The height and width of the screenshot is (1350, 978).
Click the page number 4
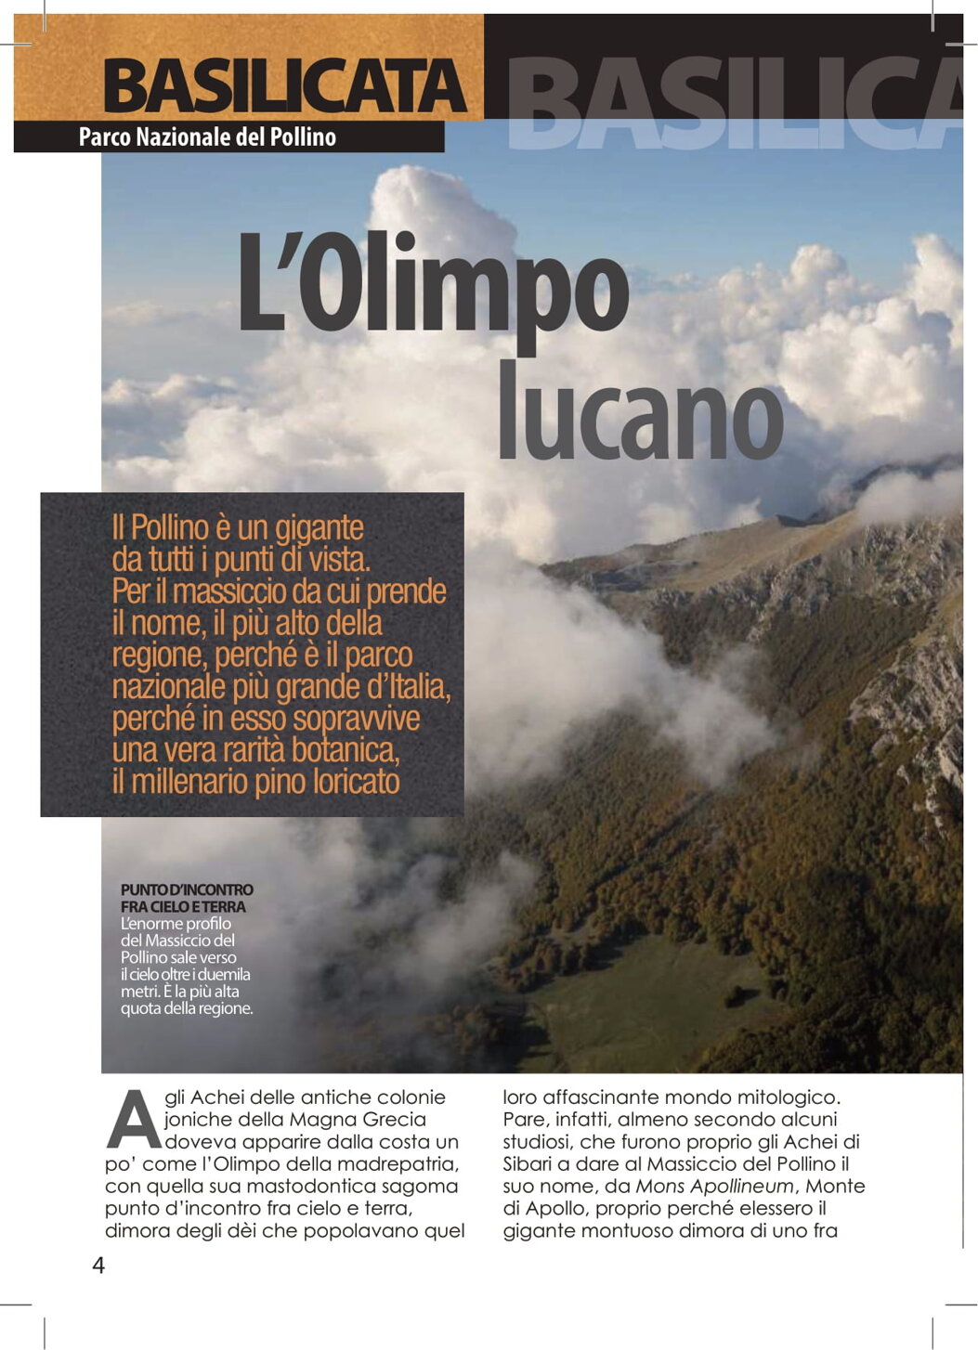(98, 1266)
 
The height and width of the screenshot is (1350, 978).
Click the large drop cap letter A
(133, 1120)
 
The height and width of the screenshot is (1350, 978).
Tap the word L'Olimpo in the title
(433, 282)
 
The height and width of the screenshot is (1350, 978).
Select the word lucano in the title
(641, 411)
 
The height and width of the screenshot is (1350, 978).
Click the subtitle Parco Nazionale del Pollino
(207, 137)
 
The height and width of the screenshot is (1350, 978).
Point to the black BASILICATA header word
(284, 86)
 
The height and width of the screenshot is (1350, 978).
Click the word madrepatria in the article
(406, 1164)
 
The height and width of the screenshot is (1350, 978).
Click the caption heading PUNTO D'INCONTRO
(187, 889)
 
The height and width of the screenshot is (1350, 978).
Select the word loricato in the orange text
(357, 782)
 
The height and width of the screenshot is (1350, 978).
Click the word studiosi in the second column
(537, 1142)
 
